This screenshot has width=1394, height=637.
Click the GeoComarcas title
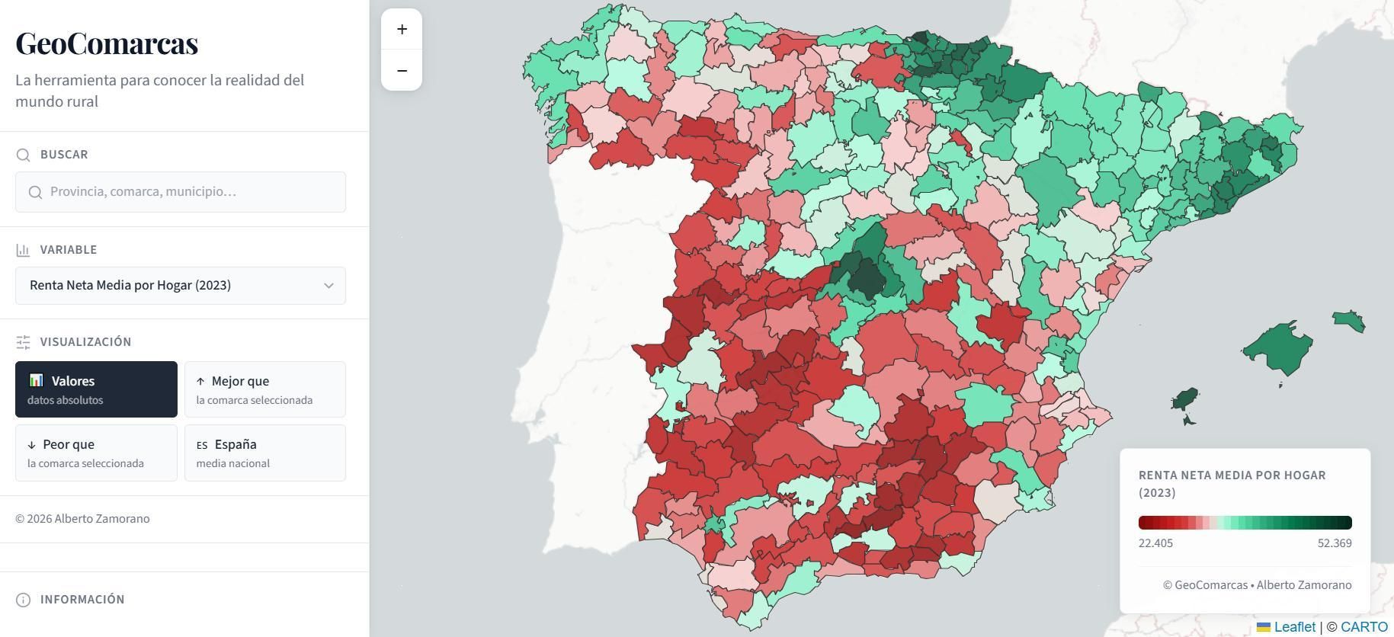click(x=107, y=43)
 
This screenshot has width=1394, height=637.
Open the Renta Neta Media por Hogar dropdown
click(x=180, y=286)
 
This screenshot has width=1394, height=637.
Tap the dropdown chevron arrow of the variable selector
click(x=328, y=286)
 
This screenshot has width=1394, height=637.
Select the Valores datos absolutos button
click(x=96, y=389)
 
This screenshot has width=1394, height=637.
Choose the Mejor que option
click(x=264, y=389)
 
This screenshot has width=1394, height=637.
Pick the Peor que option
click(x=96, y=453)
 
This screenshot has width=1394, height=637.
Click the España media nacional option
click(x=264, y=453)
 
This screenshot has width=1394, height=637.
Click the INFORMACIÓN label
click(x=82, y=600)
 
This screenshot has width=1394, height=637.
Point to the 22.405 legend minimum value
click(x=1155, y=543)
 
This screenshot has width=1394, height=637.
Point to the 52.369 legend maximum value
click(x=1334, y=543)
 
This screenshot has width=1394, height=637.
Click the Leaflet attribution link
click(x=1293, y=627)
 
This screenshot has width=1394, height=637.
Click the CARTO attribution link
click(x=1364, y=627)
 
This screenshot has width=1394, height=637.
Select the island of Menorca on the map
click(x=1349, y=320)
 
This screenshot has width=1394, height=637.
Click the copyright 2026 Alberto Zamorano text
click(x=82, y=519)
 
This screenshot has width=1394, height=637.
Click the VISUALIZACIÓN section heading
click(x=85, y=342)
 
